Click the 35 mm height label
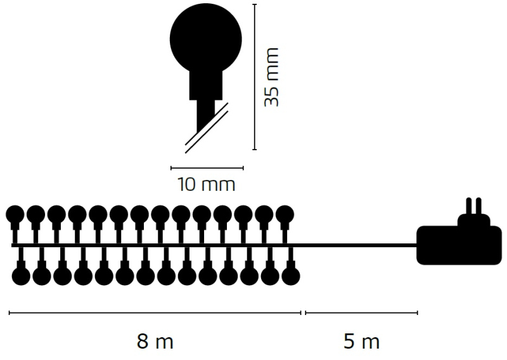tap(271, 77)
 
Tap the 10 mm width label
tap(207, 184)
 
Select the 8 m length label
tap(155, 341)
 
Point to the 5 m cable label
tap(361, 341)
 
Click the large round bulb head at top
tap(205, 39)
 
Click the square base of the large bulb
tap(205, 86)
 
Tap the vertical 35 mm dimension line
tap(255, 77)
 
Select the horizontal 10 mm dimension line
tap(207, 168)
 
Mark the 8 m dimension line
tap(155, 312)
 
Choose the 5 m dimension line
tap(361, 312)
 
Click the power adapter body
tap(459, 245)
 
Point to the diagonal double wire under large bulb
tap(207, 128)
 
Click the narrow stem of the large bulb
tap(205, 116)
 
